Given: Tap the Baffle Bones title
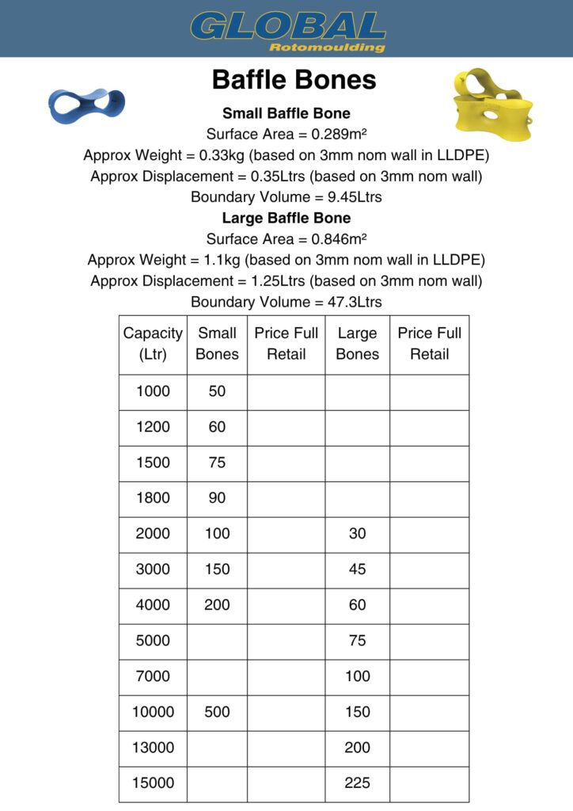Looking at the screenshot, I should point(294,80).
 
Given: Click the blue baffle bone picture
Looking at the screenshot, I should point(86,105).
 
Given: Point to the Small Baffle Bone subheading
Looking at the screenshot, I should point(286,113).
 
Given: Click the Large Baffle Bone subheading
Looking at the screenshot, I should point(286,218).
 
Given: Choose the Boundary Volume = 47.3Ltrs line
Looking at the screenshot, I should point(286,302).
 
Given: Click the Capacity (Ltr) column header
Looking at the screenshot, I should point(153,344).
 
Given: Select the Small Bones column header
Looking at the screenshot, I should point(217,344).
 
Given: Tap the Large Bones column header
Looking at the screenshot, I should point(357,344).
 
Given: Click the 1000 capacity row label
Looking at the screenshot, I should point(153,391).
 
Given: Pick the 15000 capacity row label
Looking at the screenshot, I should point(153,783).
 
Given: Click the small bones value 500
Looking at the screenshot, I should point(217,712).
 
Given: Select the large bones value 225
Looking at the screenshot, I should point(357,783).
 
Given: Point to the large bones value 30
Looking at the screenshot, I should point(357,534).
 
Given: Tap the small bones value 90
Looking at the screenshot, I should point(217,498).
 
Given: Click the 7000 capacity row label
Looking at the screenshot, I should point(153,676).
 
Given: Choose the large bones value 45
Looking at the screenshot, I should point(357,569).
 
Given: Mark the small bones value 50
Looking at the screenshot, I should point(217,391).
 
